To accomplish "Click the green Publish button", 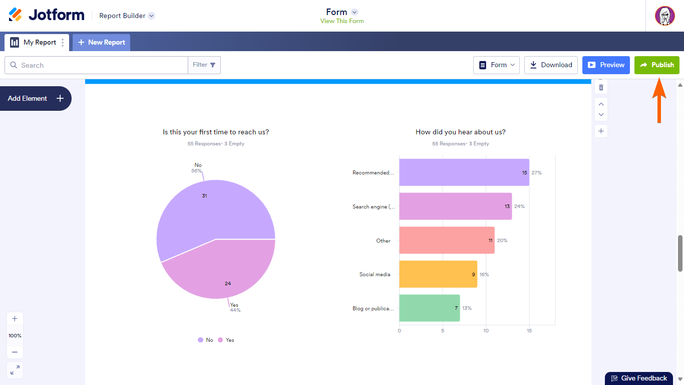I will pyautogui.click(x=656, y=65).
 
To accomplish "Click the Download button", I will pyautogui.click(x=551, y=65).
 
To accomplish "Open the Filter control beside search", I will pyautogui.click(x=204, y=65).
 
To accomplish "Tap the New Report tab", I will pyautogui.click(x=102, y=43).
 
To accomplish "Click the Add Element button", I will pyautogui.click(x=36, y=99).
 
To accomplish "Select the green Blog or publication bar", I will pyautogui.click(x=429, y=308).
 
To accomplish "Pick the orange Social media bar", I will pyautogui.click(x=438, y=274).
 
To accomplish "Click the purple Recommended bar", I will pyautogui.click(x=464, y=172).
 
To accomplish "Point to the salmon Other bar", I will pyautogui.click(x=447, y=241).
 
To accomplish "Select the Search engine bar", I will pyautogui.click(x=455, y=207).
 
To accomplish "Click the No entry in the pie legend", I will pyautogui.click(x=205, y=340).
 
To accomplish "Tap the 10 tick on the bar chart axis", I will pyautogui.click(x=486, y=331).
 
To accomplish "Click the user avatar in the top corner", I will pyautogui.click(x=664, y=16).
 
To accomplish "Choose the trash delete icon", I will pyautogui.click(x=601, y=88).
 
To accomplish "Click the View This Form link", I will pyautogui.click(x=342, y=21).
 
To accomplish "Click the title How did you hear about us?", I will pyautogui.click(x=460, y=132).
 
